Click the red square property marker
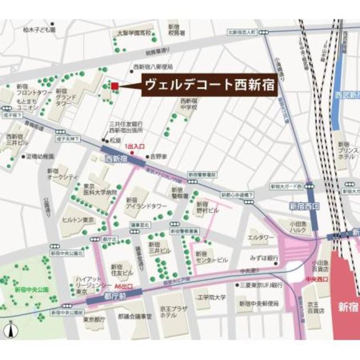115,85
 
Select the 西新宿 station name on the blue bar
116,159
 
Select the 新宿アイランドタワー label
139,203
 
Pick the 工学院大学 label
211,297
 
